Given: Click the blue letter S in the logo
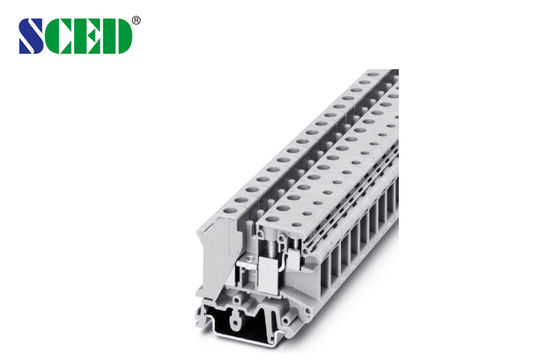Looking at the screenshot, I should click(x=33, y=36).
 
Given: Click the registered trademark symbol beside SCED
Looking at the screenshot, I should click(x=136, y=19).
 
